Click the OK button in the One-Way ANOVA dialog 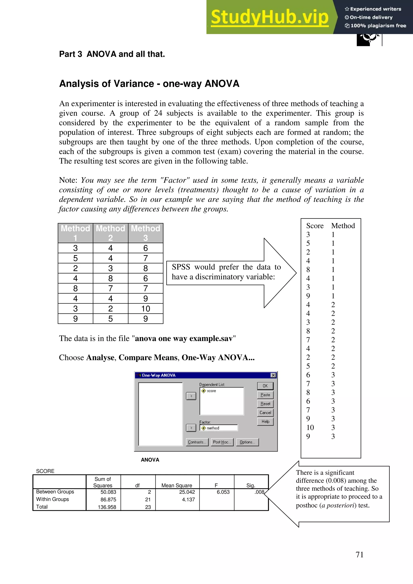[x=265, y=386]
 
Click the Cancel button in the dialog [x=265, y=413]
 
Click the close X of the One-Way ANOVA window [x=273, y=375]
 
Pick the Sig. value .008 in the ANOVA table [x=259, y=492]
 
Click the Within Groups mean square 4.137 [x=188, y=500]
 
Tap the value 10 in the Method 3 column [x=146, y=309]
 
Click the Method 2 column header [x=111, y=233]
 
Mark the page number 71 [x=359, y=555]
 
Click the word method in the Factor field [x=213, y=428]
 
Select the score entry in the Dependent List [x=211, y=391]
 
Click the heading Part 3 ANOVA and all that [x=112, y=54]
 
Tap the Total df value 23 [x=148, y=507]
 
